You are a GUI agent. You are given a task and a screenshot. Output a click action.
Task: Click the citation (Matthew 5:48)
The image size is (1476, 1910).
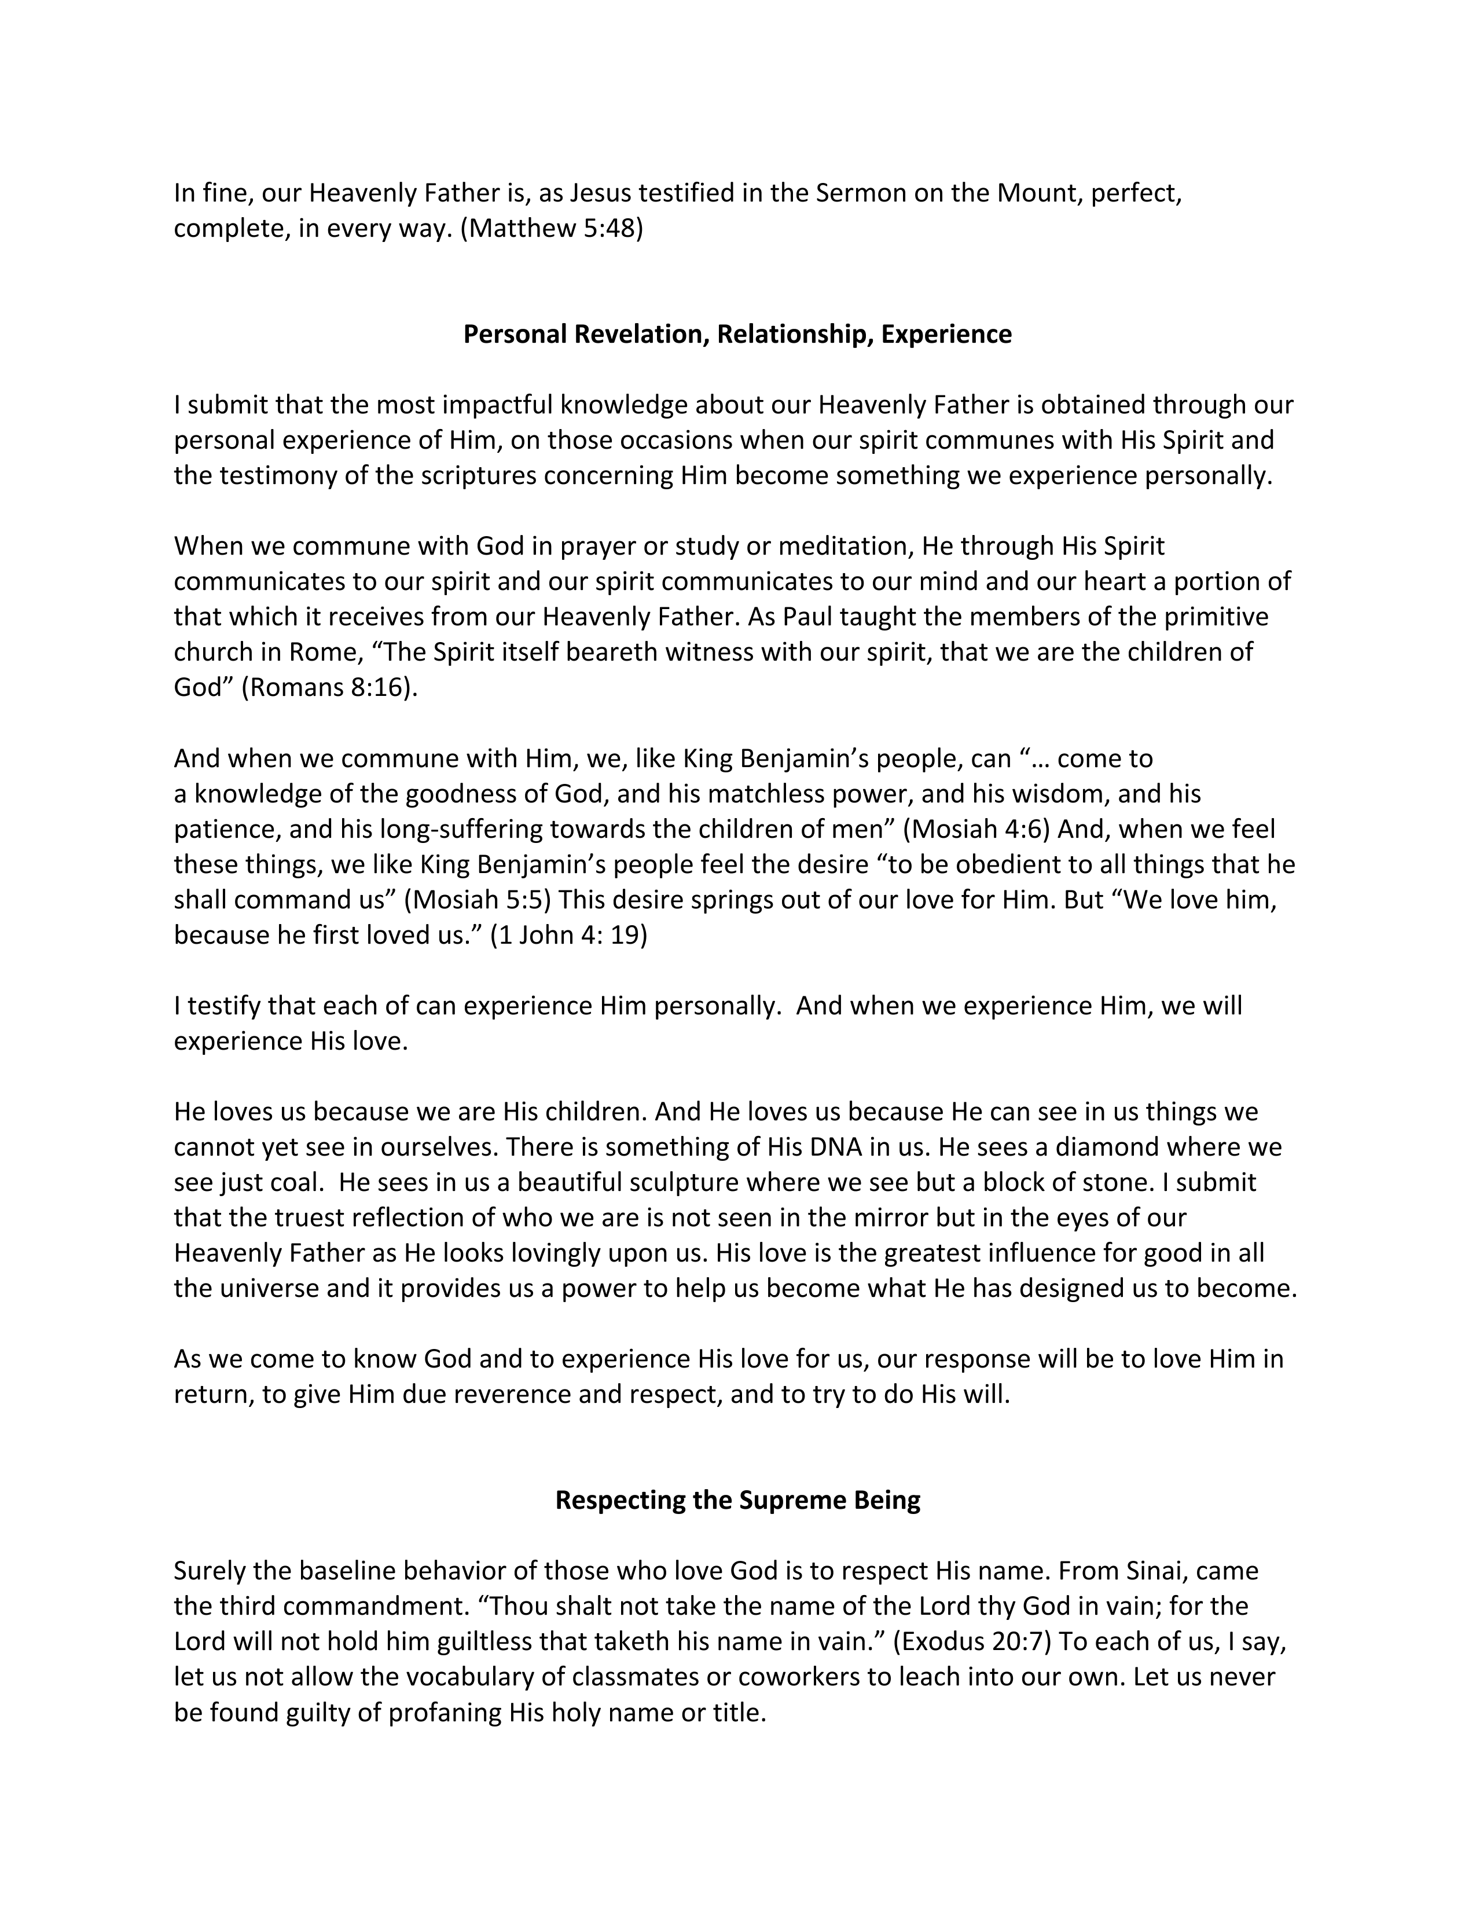coord(551,228)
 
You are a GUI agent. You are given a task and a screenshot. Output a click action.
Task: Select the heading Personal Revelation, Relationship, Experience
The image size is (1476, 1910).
coord(737,334)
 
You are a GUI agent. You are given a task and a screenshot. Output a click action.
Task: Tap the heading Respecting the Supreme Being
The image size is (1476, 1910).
coord(737,1500)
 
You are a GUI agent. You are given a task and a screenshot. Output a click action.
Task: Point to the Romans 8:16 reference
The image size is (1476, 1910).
coord(328,687)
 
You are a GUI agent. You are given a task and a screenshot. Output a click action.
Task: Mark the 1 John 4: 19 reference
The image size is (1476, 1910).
coord(568,936)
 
